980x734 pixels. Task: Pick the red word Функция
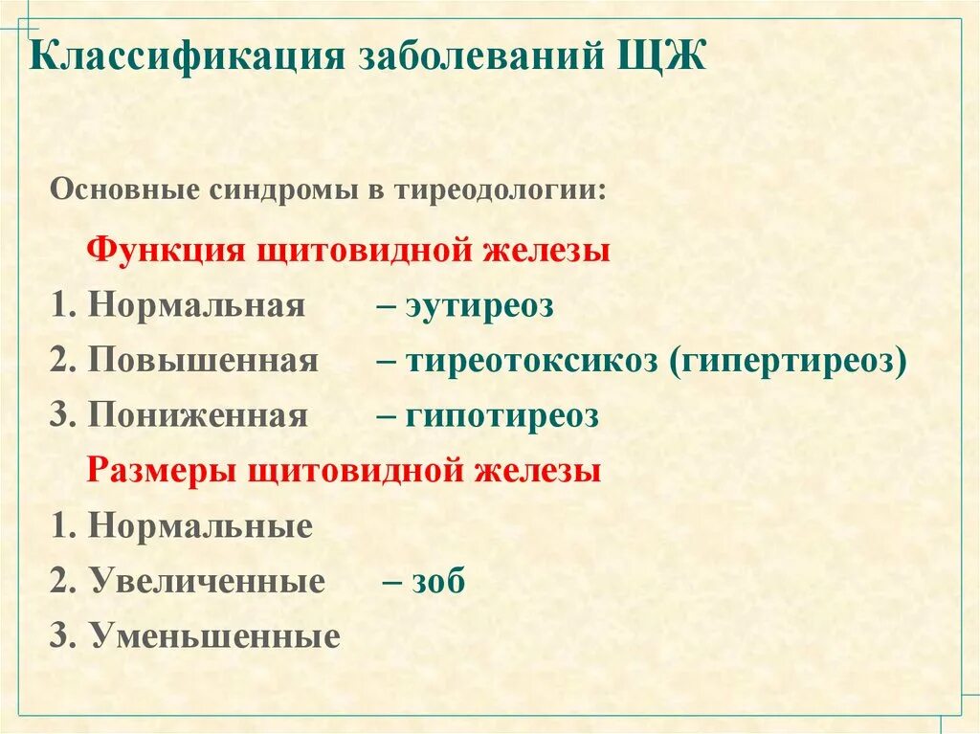(164, 252)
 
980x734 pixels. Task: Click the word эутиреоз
(479, 307)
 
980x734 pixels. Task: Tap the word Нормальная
(196, 307)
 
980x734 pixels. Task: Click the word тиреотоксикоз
(531, 362)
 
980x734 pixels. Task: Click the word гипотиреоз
(501, 416)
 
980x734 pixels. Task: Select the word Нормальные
(200, 526)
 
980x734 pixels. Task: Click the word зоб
(437, 581)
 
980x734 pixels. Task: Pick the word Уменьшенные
(215, 636)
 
